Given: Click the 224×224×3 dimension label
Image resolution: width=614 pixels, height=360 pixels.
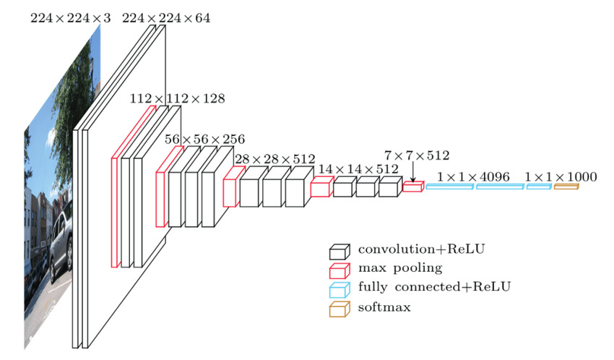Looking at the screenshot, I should click(x=70, y=17).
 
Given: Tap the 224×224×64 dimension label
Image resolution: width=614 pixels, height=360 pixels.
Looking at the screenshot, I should click(x=166, y=17).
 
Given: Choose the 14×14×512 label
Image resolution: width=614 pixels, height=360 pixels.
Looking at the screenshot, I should click(x=359, y=168).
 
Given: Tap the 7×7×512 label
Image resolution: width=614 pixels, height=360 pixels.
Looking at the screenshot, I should click(x=418, y=155).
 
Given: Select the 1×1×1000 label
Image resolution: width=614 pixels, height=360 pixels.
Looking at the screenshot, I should click(x=550, y=177).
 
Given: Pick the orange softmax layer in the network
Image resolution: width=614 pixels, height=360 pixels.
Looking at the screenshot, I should click(x=566, y=187).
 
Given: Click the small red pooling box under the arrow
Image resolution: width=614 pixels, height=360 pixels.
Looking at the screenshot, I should click(x=412, y=187).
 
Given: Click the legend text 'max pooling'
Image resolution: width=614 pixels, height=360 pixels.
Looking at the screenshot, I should click(x=389, y=269).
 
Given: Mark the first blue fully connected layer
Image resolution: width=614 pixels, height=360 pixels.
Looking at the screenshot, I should click(x=449, y=187).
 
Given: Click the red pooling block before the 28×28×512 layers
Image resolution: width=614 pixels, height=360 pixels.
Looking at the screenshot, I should click(x=230, y=188).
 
